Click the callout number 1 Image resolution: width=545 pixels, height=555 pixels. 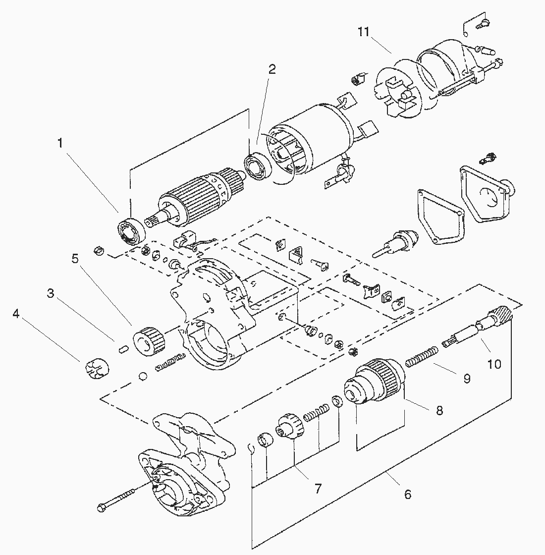[60, 143]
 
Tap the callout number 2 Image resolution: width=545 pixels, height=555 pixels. [272, 69]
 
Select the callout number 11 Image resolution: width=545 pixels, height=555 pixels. [364, 32]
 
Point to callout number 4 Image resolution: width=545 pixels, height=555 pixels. [16, 314]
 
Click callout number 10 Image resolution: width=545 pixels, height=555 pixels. [494, 364]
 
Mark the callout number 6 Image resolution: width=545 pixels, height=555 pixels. [408, 494]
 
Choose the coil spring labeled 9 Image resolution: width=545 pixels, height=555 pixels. [422, 356]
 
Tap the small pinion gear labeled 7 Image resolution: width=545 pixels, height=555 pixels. [289, 426]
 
